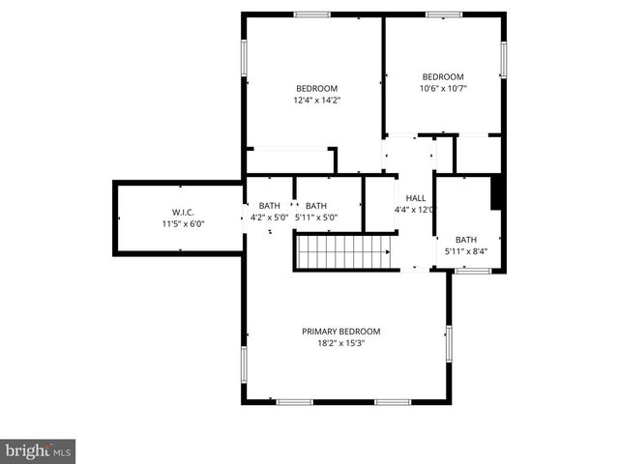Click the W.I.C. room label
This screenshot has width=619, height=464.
pyautogui.click(x=184, y=212)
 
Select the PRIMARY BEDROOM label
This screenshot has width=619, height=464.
pyautogui.click(x=340, y=331)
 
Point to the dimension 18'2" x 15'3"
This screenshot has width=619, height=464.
pyautogui.click(x=340, y=342)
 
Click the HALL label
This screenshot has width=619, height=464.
pyautogui.click(x=416, y=198)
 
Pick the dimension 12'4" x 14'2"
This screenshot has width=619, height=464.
pyautogui.click(x=317, y=100)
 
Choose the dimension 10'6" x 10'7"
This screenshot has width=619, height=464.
pyautogui.click(x=443, y=89)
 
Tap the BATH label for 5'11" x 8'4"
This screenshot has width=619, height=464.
pyautogui.click(x=466, y=241)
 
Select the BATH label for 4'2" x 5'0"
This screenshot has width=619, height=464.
pyautogui.click(x=269, y=206)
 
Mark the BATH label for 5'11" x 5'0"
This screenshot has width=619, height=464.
pyautogui.click(x=316, y=206)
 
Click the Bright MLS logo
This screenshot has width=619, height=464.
pyautogui.click(x=38, y=450)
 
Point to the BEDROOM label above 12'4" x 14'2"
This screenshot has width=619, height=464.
pyautogui.click(x=316, y=88)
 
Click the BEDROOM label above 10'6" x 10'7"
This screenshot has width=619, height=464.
pyautogui.click(x=443, y=77)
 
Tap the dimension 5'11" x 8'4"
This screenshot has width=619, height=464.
pyautogui.click(x=466, y=252)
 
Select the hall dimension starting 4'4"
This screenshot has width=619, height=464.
pyautogui.click(x=414, y=210)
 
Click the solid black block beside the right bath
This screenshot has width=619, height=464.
pyautogui.click(x=497, y=192)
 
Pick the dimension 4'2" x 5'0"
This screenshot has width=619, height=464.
pyautogui.click(x=270, y=217)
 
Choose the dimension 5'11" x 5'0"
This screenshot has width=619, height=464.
pyautogui.click(x=317, y=217)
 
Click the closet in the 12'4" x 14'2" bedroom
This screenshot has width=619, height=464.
pyautogui.click(x=289, y=160)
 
